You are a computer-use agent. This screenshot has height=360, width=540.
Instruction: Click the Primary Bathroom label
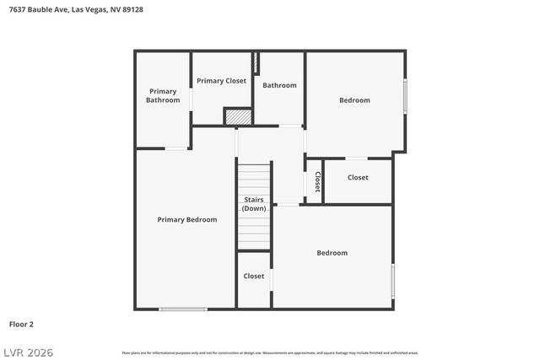[163, 95]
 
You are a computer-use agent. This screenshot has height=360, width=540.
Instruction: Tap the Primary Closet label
[221, 81]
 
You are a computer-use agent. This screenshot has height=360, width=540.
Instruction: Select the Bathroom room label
[279, 85]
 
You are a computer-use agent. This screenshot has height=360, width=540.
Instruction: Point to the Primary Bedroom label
[187, 219]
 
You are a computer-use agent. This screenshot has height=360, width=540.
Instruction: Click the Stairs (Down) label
[254, 204]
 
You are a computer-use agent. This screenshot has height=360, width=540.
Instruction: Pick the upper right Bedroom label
[354, 100]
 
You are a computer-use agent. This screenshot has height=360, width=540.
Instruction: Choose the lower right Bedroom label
[332, 253]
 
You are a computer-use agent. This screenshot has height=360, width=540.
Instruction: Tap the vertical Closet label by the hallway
[317, 182]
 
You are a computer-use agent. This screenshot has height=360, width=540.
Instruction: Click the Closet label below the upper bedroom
[358, 178]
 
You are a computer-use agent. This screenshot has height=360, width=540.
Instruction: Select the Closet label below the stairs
[254, 276]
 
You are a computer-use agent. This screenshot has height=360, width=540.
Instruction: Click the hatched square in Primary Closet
[239, 116]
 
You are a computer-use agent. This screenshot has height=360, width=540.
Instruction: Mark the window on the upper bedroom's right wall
[405, 96]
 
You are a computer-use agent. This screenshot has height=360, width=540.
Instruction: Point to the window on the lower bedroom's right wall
[392, 281]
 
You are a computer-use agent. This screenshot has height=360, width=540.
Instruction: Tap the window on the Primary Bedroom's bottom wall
[183, 309]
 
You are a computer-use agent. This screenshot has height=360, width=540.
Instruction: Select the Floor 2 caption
[21, 324]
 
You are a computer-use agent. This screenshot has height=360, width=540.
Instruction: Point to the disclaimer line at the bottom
[270, 352]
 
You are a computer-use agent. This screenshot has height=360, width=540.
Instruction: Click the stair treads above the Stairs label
[254, 179]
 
